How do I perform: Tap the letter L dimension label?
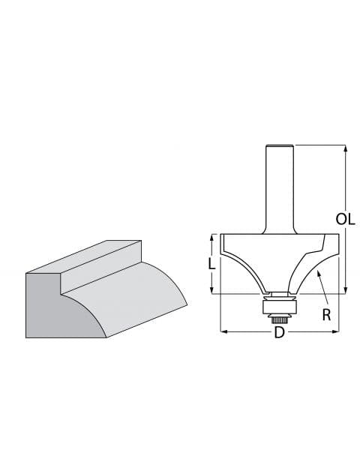click(x=212, y=263)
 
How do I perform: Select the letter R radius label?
click(x=326, y=315)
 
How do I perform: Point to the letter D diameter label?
click(x=279, y=331)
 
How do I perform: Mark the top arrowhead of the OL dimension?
click(x=346, y=148)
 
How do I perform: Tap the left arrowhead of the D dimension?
click(x=222, y=331)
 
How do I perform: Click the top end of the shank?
click(x=279, y=145)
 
